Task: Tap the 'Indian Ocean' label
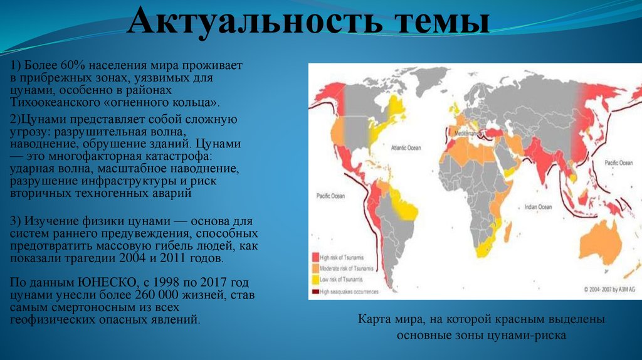pyautogui.click(x=538, y=206)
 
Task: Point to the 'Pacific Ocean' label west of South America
pyautogui.click(x=330, y=196)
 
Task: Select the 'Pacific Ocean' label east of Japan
pyautogui.click(x=618, y=162)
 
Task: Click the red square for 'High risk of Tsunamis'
pyautogui.click(x=315, y=257)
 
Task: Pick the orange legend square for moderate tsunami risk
pyautogui.click(x=315, y=268)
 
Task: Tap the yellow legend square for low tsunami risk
pyautogui.click(x=315, y=279)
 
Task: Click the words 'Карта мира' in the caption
pyautogui.click(x=388, y=319)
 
